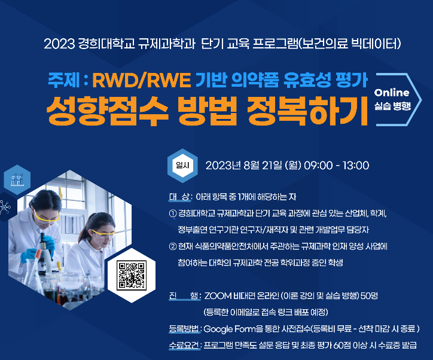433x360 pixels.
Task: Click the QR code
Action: click(132, 276)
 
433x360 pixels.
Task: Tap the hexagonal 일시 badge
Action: click(182, 166)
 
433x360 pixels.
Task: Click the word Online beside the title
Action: click(392, 93)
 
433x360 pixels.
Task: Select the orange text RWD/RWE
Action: click(141, 80)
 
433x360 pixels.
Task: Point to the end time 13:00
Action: click(356, 166)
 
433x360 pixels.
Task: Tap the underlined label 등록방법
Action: click(184, 329)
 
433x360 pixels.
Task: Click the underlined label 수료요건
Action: click(184, 345)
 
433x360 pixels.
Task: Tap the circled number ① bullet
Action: click(173, 213)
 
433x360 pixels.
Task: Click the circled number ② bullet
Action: click(173, 246)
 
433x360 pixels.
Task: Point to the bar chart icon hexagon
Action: click(17, 180)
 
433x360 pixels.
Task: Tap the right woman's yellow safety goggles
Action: click(103, 234)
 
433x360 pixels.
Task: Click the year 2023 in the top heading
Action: click(59, 44)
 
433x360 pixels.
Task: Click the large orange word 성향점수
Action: click(107, 111)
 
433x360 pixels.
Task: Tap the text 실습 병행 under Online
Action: click(392, 106)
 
